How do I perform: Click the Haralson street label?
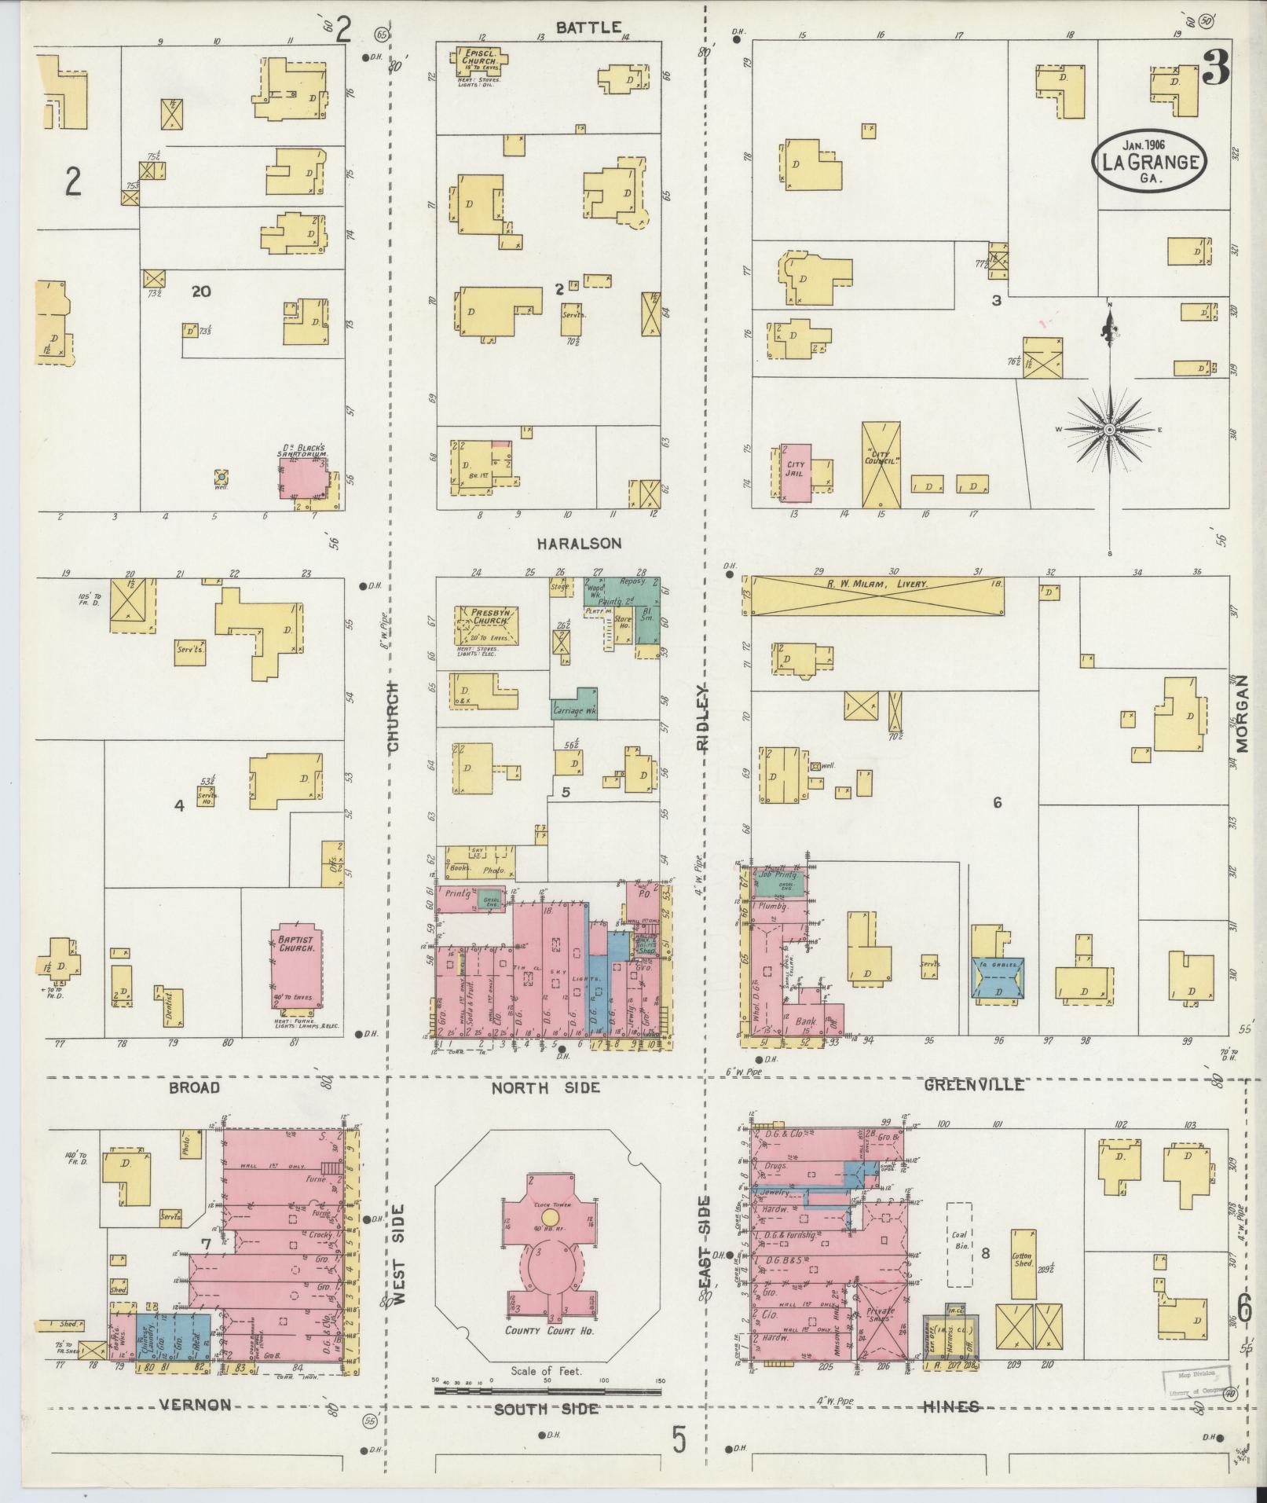click(x=580, y=543)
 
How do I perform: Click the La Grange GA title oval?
click(x=1149, y=159)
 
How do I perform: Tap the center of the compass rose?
click(x=1108, y=431)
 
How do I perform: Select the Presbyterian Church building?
click(x=486, y=626)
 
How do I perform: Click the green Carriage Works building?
click(x=577, y=706)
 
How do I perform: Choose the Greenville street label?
click(x=974, y=1084)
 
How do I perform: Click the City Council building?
click(x=881, y=465)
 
